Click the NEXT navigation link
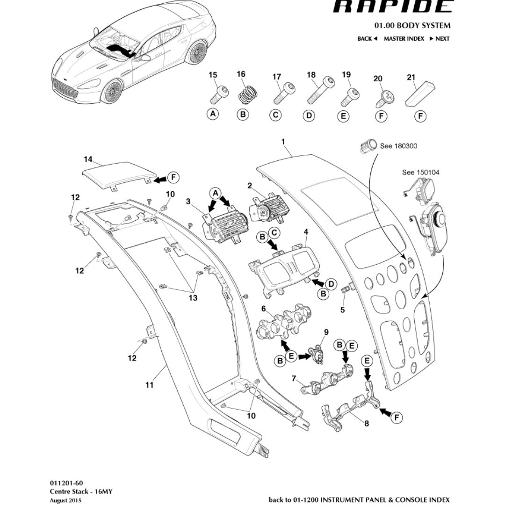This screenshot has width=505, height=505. click(440, 39)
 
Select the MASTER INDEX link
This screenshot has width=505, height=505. click(404, 39)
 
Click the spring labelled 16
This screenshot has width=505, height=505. click(248, 94)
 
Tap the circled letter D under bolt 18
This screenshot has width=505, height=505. click(309, 115)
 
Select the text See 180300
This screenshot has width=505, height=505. click(398, 146)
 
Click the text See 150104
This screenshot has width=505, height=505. click(421, 173)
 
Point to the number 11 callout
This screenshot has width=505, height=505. click(149, 385)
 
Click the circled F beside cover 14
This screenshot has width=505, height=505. click(173, 178)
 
